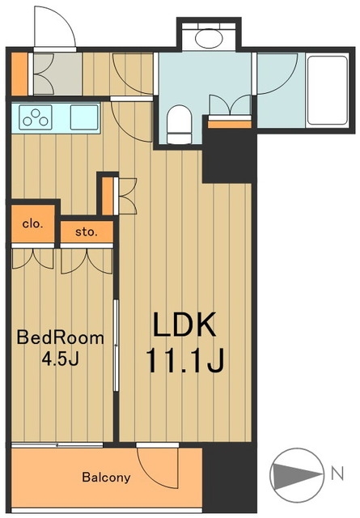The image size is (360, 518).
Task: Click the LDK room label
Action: pyautogui.click(x=184, y=324)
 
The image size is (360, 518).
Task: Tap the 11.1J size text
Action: pyautogui.click(x=184, y=359)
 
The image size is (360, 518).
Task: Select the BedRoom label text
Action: pyautogui.click(x=60, y=338)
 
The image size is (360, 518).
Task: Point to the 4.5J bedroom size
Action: pyautogui.click(x=60, y=359)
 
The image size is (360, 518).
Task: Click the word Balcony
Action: pyautogui.click(x=106, y=478)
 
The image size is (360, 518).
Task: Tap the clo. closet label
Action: pyautogui.click(x=32, y=224)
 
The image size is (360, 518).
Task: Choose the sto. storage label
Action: pyautogui.click(x=87, y=232)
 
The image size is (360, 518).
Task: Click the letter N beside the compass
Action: pyautogui.click(x=337, y=473)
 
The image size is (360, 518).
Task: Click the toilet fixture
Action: pyautogui.click(x=180, y=125)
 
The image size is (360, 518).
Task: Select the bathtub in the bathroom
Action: pyautogui.click(x=328, y=90)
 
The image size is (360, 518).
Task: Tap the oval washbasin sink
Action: pyautogui.click(x=209, y=38)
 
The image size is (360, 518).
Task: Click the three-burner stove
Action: pyautogui.click(x=36, y=117)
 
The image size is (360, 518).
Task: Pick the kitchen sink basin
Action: pyautogui.click(x=85, y=117)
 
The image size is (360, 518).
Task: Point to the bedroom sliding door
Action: pyautogui.click(x=116, y=346)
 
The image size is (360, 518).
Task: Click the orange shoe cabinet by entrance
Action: pyautogui.click(x=19, y=74)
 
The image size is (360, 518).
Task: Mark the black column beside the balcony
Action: pyautogui.click(x=229, y=480)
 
